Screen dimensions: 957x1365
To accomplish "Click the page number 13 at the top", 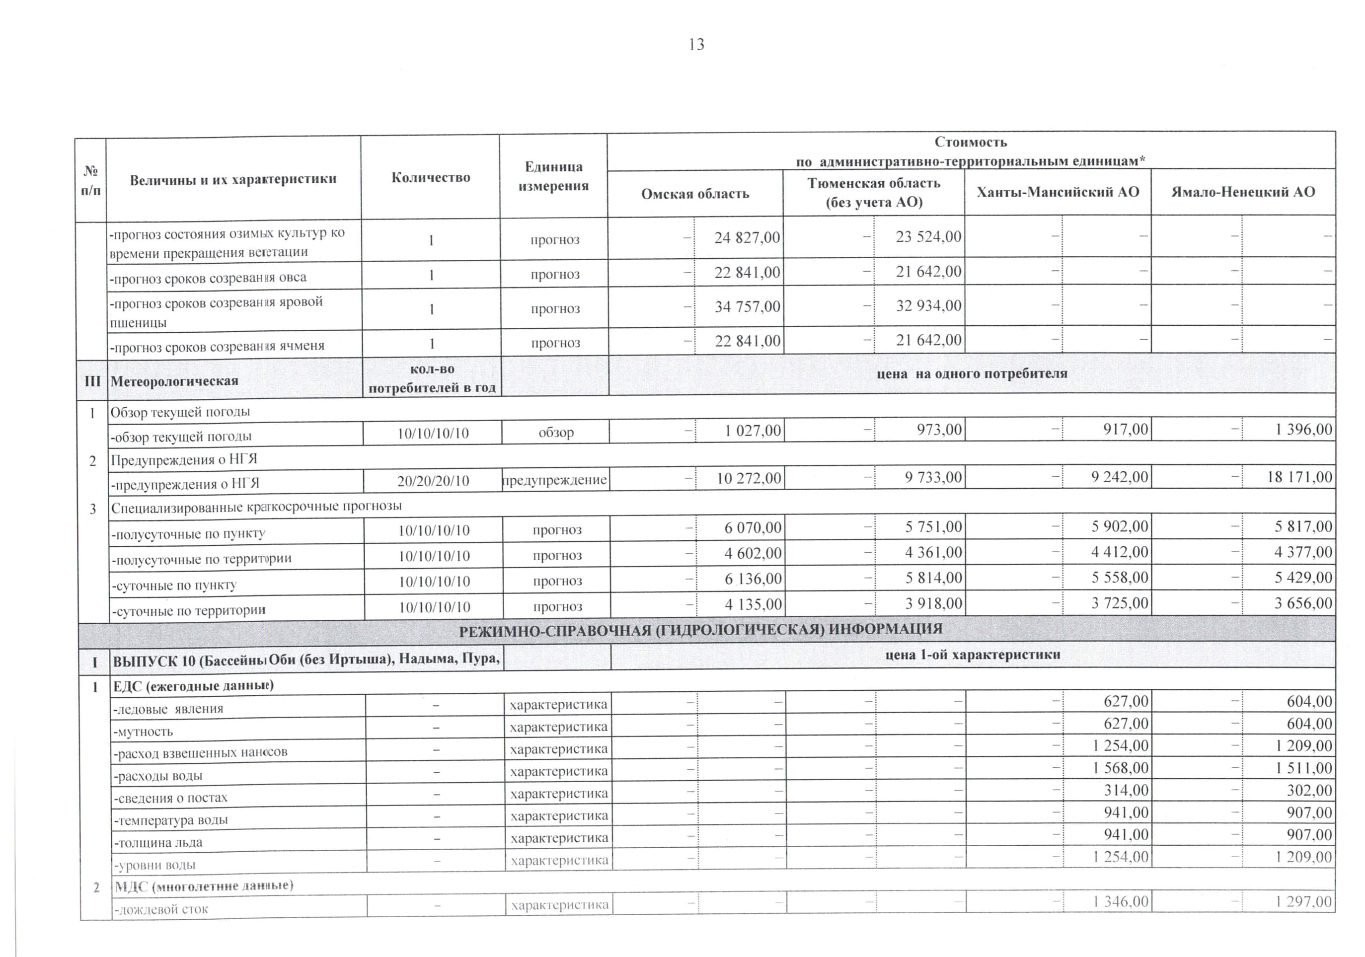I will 696,45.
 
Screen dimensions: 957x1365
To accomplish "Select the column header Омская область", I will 694,194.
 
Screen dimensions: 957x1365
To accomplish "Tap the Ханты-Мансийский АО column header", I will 1058,192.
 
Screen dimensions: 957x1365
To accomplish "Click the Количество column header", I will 431,177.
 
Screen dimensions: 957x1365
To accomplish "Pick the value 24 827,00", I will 747,238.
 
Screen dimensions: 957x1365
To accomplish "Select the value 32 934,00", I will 928,305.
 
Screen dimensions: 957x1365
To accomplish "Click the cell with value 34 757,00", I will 747,307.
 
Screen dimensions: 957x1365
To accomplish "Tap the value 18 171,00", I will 1299,477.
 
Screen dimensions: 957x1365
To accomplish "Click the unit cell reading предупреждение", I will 555,480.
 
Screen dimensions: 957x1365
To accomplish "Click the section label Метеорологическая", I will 174,381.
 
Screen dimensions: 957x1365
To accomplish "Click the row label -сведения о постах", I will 171,798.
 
